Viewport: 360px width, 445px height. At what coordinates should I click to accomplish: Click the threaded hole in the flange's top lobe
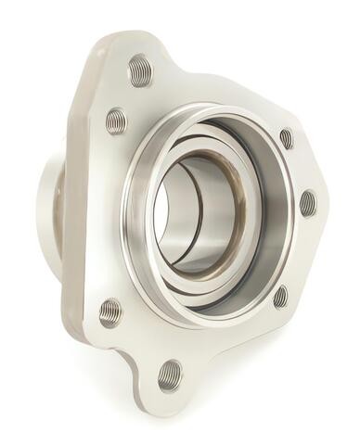(140, 71)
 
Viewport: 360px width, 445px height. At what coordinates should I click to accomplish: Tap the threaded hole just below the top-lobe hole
(117, 120)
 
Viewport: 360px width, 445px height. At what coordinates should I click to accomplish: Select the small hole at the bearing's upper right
(286, 139)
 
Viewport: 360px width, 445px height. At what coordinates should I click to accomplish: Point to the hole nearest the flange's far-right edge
(307, 203)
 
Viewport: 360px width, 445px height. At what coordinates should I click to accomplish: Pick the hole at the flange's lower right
(280, 297)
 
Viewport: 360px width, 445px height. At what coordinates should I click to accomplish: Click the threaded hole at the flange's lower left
(110, 311)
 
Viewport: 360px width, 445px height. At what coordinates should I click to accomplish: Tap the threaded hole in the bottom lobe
(169, 375)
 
